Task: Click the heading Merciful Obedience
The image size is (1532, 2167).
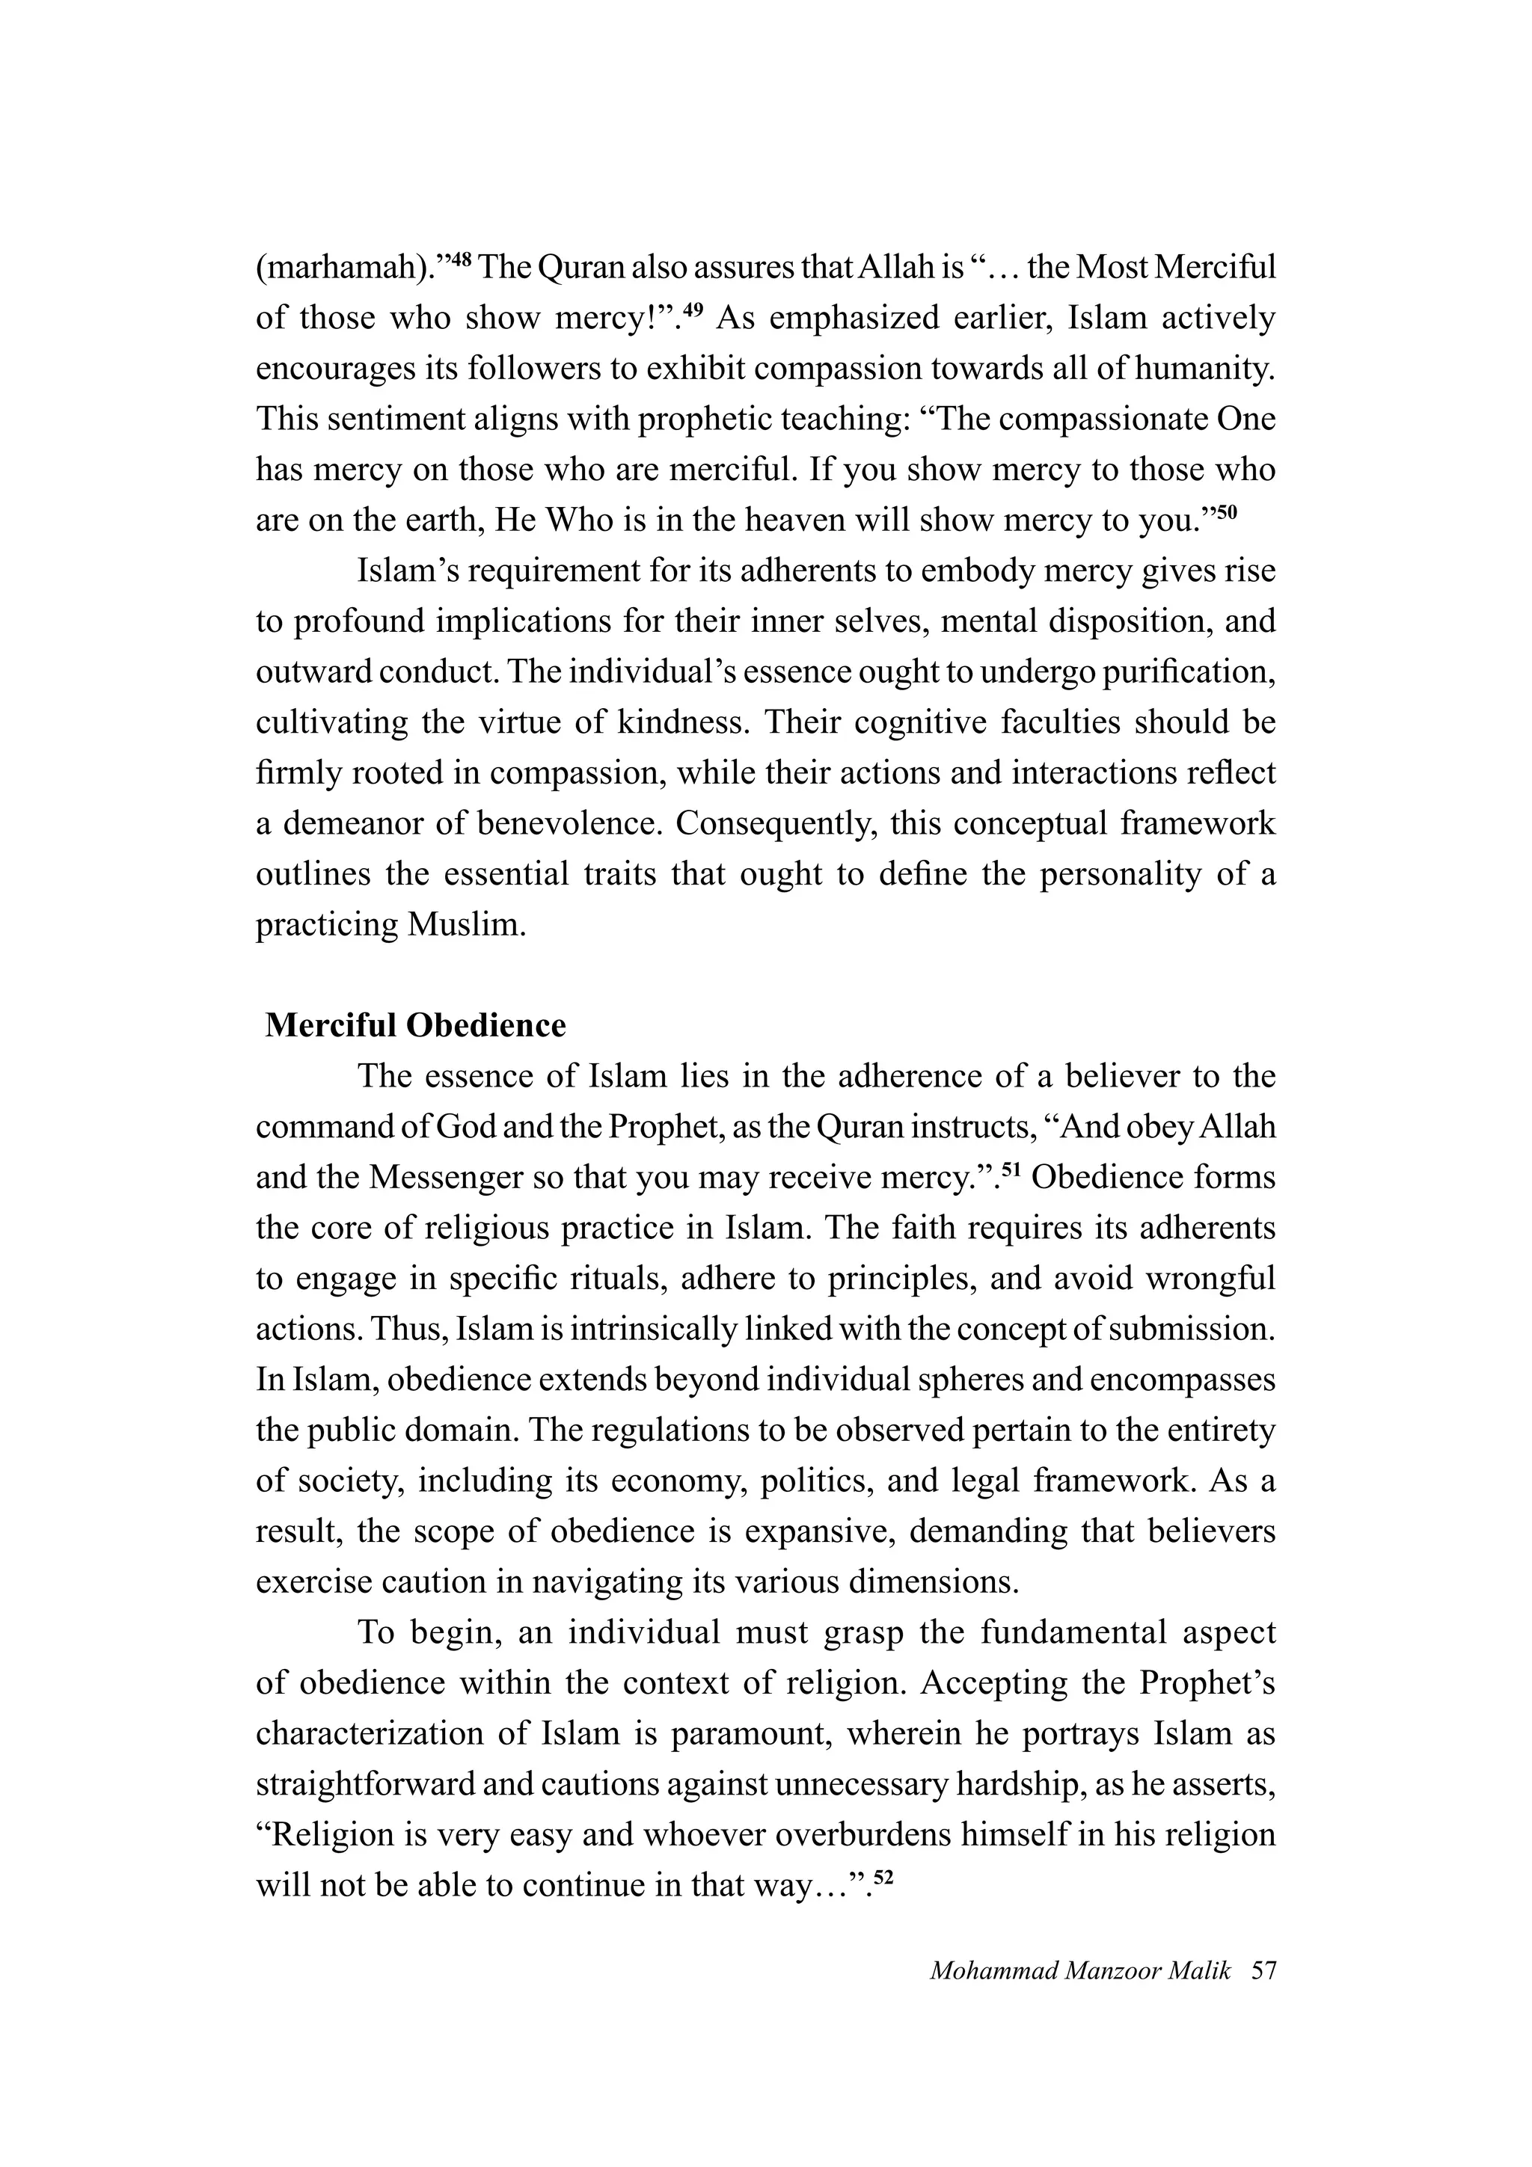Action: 415,1025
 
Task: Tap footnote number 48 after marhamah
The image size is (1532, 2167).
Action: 460,259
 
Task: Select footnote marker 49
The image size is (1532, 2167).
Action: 693,309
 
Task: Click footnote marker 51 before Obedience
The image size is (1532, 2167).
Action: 1011,1169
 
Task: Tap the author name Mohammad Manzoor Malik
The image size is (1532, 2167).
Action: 1080,1970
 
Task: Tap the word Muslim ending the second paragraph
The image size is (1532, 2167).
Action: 466,924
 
